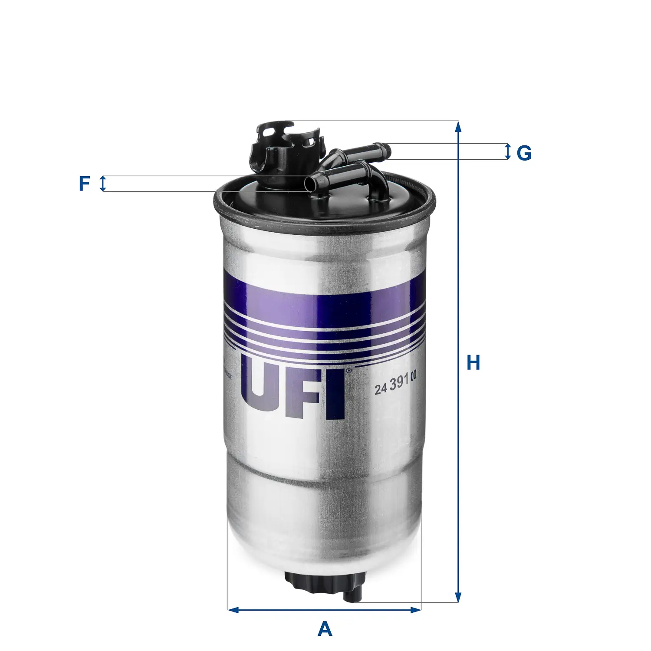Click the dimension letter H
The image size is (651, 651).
click(473, 363)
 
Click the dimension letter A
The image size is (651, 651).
click(325, 629)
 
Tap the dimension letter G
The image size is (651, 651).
click(524, 153)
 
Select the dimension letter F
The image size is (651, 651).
click(84, 184)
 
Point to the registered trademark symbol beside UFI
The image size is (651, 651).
click(349, 370)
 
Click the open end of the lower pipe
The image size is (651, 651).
click(309, 183)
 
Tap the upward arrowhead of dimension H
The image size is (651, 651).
click(458, 127)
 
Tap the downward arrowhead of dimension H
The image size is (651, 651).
click(458, 597)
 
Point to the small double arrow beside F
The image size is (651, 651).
click(103, 184)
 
